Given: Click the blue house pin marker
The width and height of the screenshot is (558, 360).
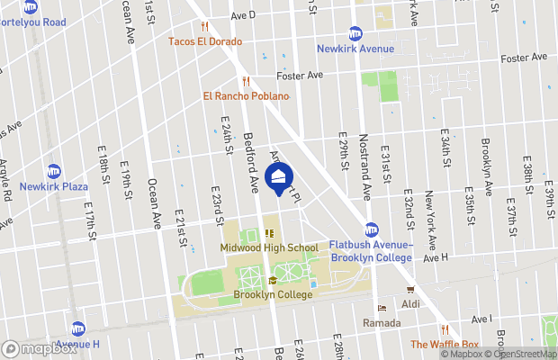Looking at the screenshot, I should coord(280,176).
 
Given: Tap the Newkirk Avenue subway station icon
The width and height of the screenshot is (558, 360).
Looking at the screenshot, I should coord(355,33).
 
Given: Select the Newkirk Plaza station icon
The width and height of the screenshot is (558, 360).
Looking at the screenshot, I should coord(54,171).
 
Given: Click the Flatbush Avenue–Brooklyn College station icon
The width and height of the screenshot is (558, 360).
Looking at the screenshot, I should coord(370,229).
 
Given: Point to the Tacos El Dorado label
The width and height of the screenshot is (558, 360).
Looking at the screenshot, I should coord(204,41).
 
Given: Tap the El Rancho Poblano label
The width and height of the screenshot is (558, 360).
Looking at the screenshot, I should coord(238,96).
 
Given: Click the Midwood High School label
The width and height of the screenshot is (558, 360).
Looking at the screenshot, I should coord(268,247).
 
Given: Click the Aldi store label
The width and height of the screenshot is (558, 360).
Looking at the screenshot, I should coord(411,304).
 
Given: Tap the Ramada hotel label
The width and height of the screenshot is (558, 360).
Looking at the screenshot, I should coord(382,322).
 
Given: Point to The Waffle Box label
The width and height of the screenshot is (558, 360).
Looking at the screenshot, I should coord(445,344).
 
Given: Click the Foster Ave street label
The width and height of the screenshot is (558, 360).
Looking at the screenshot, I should coord(300,75).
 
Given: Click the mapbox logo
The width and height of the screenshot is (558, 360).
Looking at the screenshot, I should coord(39,348).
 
